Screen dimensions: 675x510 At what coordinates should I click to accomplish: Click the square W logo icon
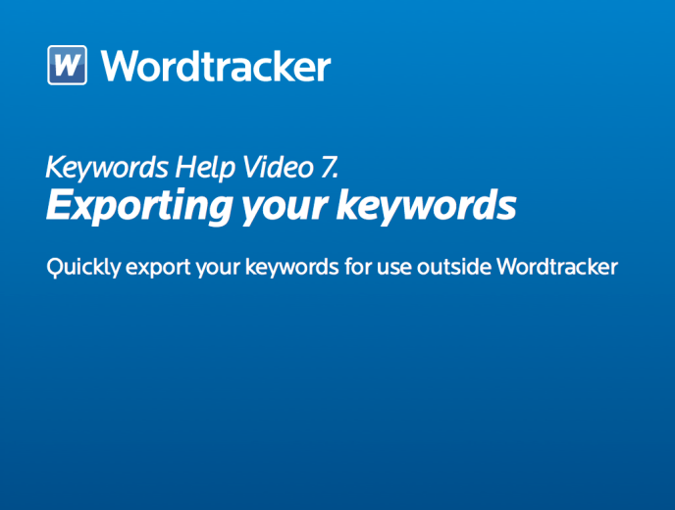click(x=67, y=65)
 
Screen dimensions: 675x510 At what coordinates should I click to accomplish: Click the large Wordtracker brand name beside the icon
click(x=216, y=65)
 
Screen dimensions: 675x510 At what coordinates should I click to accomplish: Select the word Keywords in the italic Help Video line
click(x=107, y=168)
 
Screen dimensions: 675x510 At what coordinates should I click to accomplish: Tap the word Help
click(x=205, y=168)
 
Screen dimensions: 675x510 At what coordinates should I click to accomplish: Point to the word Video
click(x=278, y=167)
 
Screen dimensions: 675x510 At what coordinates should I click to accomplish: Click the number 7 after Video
click(x=330, y=167)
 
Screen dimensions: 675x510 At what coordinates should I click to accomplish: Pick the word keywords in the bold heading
click(x=426, y=206)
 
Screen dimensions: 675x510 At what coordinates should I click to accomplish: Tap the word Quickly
click(x=84, y=268)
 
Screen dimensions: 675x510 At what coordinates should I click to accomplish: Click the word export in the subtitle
click(x=158, y=269)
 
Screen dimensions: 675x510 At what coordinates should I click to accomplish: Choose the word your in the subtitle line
click(x=218, y=270)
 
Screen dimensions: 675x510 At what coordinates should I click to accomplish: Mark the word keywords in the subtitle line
click(x=291, y=267)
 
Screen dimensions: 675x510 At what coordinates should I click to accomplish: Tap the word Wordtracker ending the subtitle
click(x=557, y=266)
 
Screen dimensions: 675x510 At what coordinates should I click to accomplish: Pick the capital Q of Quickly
click(x=56, y=268)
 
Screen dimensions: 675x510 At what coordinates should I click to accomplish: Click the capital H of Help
click(x=186, y=167)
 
